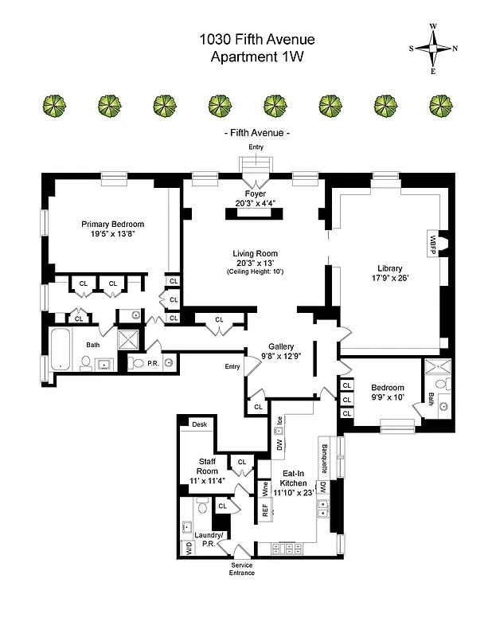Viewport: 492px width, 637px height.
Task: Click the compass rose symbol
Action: point(434,49)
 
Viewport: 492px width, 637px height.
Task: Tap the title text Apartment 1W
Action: point(256,57)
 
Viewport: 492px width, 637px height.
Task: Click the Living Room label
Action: point(255,253)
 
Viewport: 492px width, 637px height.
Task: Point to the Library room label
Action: point(389,268)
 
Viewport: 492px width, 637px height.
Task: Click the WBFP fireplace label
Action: point(434,239)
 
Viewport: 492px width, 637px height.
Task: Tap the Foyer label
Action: point(256,193)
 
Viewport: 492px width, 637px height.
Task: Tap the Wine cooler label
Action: point(265,488)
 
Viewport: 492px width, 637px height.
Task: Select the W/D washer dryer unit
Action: point(189,549)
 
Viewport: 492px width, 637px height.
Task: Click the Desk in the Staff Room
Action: point(199,424)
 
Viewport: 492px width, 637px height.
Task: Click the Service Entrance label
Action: point(241,569)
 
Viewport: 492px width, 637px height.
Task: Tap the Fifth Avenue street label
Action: point(256,133)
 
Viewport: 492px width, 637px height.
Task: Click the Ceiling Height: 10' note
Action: point(255,272)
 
